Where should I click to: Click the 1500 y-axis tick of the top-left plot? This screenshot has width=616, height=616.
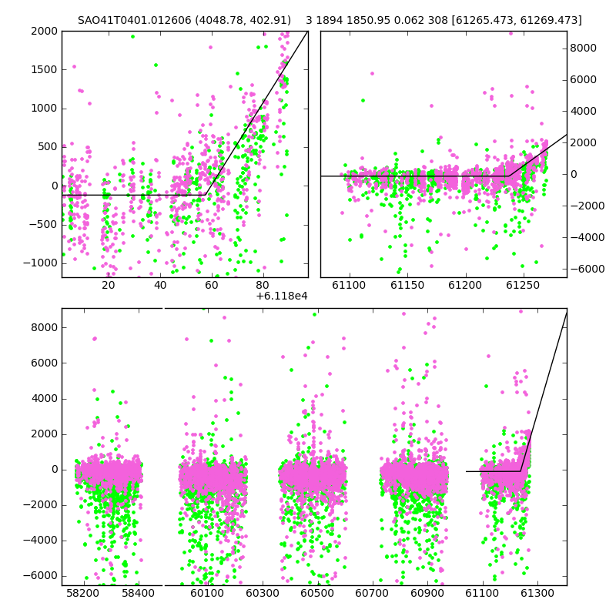[x=44, y=69]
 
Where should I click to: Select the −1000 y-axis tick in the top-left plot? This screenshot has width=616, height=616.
[x=40, y=263]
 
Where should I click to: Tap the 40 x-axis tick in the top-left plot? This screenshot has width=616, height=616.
[x=160, y=285]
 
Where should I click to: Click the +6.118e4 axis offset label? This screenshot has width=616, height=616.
[x=282, y=296]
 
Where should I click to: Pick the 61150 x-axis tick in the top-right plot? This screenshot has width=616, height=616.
[x=407, y=285]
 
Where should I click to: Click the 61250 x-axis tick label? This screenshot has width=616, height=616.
[x=523, y=285]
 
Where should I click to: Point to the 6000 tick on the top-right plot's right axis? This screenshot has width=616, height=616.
[x=584, y=80]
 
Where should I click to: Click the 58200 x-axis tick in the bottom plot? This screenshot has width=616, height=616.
[x=83, y=593]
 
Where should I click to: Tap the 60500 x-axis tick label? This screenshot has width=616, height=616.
[x=317, y=593]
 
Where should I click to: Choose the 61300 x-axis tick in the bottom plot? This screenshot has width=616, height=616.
[x=537, y=593]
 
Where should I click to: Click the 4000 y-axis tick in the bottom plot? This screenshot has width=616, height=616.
[x=44, y=399]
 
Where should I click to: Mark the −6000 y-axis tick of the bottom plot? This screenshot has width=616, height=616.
[x=40, y=576]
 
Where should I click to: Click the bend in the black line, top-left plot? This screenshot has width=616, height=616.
[x=206, y=195]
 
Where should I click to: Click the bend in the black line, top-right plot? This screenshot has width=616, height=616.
[x=509, y=176]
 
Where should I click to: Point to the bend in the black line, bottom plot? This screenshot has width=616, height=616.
[x=521, y=471]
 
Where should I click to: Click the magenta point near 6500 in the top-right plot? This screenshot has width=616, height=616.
[x=372, y=73]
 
